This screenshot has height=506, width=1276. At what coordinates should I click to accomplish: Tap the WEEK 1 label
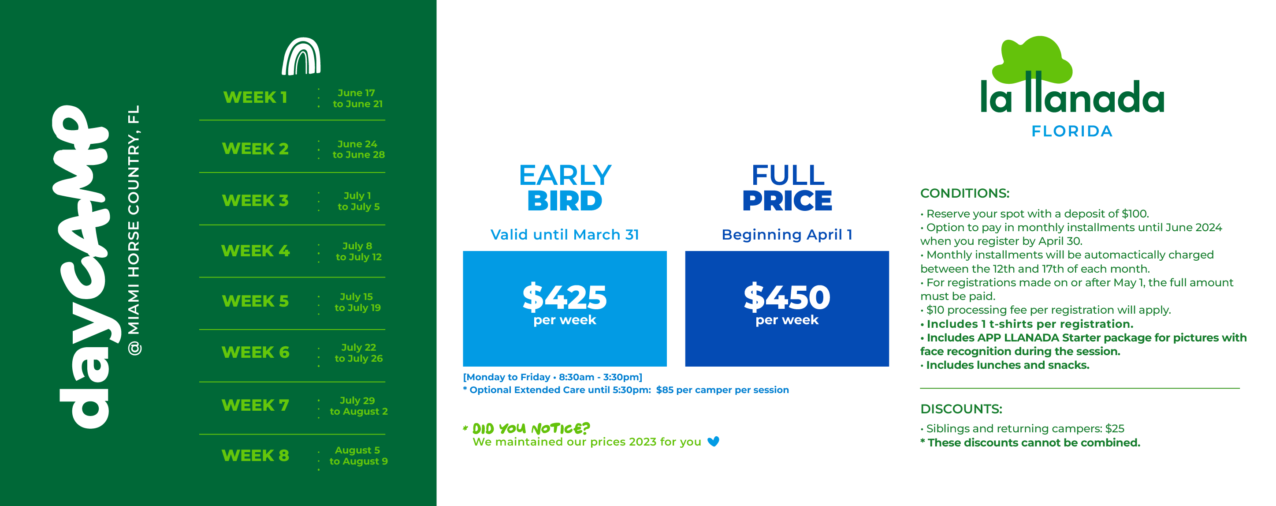[255, 97]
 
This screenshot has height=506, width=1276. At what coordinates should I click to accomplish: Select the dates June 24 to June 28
[358, 149]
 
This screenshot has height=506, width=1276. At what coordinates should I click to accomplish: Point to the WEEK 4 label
[255, 251]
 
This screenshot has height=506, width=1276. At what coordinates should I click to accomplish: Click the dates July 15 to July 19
[357, 302]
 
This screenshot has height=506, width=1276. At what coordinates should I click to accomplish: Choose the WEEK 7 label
[255, 405]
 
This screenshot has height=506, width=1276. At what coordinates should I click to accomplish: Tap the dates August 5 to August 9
[358, 455]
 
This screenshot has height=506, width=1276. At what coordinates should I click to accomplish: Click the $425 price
[565, 297]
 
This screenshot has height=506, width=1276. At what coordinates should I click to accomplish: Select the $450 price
[787, 297]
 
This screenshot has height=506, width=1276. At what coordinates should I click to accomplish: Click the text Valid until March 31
[565, 234]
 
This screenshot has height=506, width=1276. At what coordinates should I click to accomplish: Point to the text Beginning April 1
[787, 234]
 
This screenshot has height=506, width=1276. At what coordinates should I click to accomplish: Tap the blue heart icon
[713, 441]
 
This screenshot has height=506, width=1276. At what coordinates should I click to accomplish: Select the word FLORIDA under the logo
[1072, 131]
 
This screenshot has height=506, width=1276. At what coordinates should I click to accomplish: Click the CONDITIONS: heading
[964, 193]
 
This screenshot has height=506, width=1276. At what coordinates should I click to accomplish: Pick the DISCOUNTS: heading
[961, 409]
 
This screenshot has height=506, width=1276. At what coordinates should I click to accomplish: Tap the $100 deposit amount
[1135, 214]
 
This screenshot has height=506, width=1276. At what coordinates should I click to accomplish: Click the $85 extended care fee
[665, 390]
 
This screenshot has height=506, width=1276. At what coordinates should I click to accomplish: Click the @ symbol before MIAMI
[134, 349]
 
